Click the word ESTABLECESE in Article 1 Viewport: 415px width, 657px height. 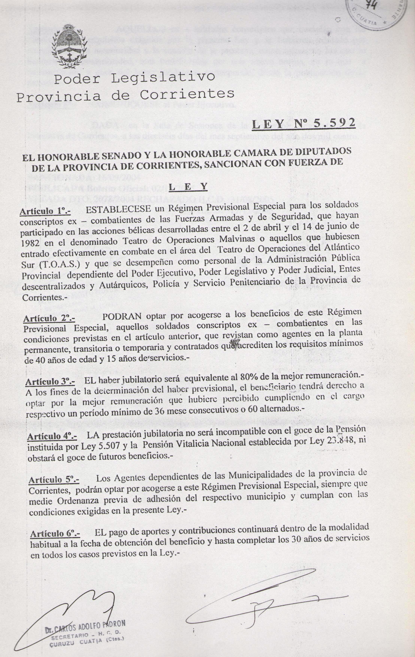(x=118, y=209)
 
